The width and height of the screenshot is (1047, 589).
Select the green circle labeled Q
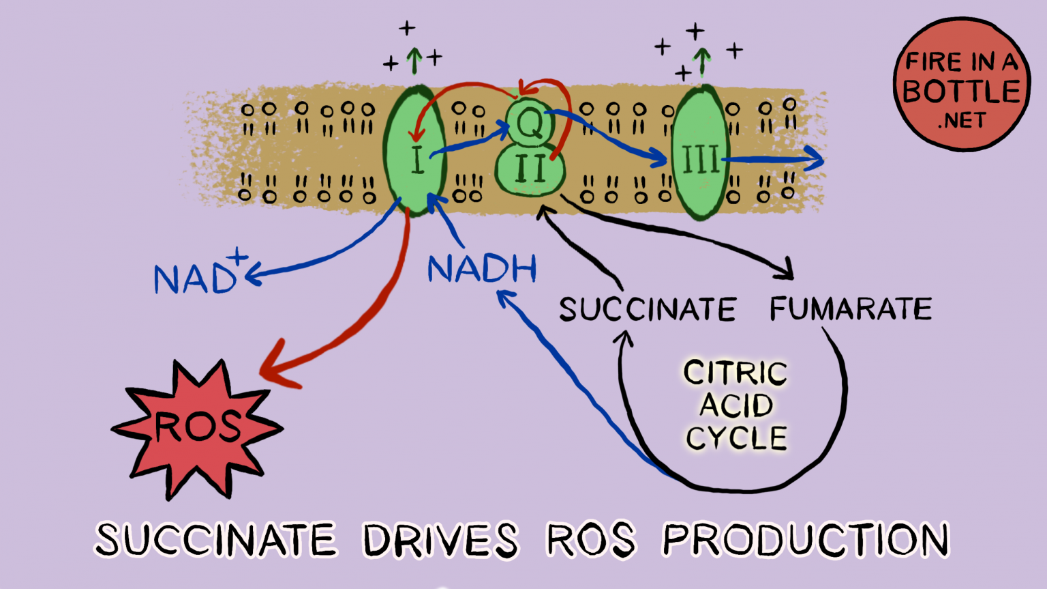tap(530, 123)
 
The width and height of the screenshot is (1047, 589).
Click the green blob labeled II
tap(530, 171)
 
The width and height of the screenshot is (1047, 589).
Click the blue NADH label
tap(482, 269)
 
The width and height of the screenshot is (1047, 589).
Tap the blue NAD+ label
tap(198, 276)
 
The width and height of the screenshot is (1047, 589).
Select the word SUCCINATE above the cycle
tap(647, 310)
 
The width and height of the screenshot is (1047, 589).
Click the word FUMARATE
tap(850, 309)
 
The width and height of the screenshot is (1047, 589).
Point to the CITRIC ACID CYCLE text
tap(736, 405)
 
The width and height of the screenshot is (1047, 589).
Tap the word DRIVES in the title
tap(440, 540)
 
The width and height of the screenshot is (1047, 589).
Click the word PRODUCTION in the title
tap(806, 540)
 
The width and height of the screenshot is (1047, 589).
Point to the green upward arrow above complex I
tap(414, 60)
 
